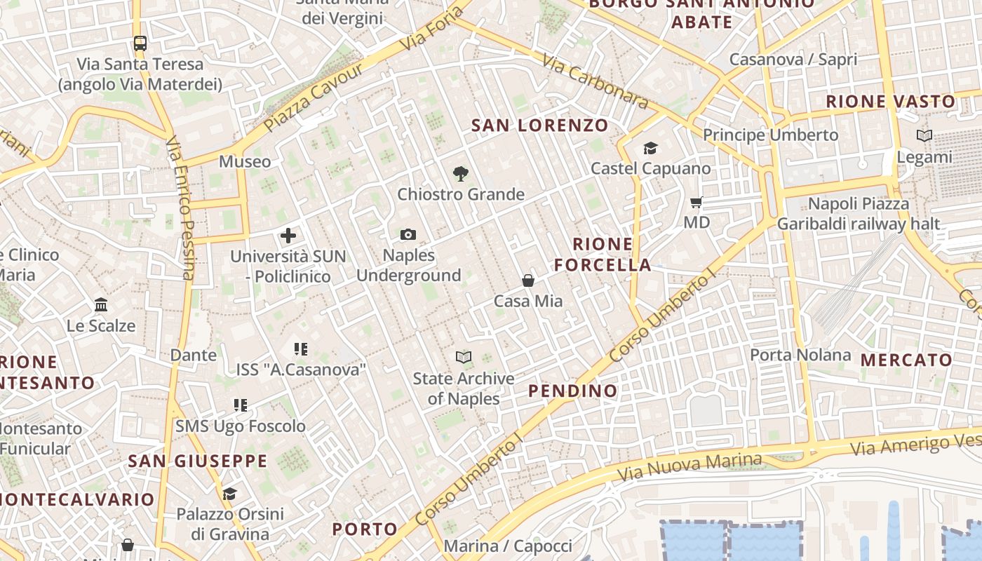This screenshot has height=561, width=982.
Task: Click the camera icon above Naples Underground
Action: tap(408, 235)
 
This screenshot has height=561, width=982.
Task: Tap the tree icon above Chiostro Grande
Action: tap(460, 173)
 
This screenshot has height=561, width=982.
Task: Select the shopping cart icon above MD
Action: tap(697, 203)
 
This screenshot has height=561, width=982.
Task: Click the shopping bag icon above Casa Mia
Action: tap(528, 280)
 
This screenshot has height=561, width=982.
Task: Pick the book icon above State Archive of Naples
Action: tap(463, 358)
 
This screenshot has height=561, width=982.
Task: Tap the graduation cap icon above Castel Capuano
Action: tap(650, 148)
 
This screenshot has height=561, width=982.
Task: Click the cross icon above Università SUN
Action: tap(288, 236)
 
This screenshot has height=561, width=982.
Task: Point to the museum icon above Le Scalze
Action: tap(101, 305)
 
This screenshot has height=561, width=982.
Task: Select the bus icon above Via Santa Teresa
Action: tap(140, 43)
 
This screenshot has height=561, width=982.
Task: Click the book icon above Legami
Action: tap(924, 136)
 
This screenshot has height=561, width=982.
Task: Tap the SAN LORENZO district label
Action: tap(539, 126)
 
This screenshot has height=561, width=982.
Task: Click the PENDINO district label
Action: tap(572, 391)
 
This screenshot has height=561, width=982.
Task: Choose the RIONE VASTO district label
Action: tap(890, 102)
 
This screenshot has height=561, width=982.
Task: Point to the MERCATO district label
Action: tap(906, 360)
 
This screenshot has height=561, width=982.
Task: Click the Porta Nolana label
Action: tap(800, 355)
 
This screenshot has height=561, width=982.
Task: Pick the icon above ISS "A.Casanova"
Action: tap(301, 349)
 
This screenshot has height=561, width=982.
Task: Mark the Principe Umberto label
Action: tap(770, 135)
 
